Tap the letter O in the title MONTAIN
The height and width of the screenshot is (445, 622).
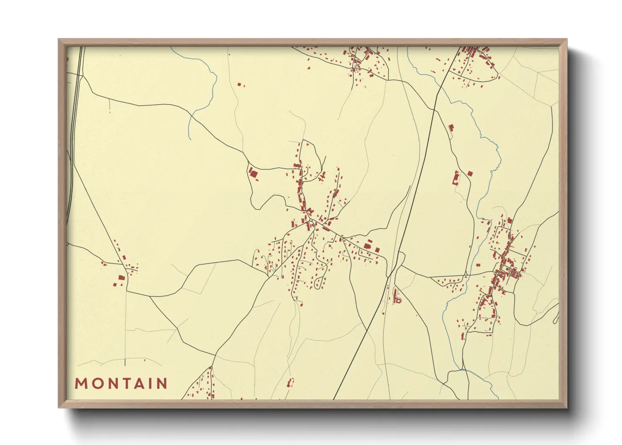[x=98, y=384]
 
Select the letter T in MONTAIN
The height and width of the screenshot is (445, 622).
[x=129, y=384]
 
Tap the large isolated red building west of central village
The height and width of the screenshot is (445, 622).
[x=253, y=173]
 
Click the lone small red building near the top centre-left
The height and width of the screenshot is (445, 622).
[x=239, y=85]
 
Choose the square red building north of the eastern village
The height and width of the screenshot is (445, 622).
[x=470, y=173]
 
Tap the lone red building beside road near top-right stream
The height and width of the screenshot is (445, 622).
[x=451, y=127]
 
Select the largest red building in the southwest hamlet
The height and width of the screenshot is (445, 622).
[x=121, y=278]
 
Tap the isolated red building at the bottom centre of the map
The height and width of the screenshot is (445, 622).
[x=289, y=383]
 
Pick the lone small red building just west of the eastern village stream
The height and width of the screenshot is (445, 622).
[x=478, y=265]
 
